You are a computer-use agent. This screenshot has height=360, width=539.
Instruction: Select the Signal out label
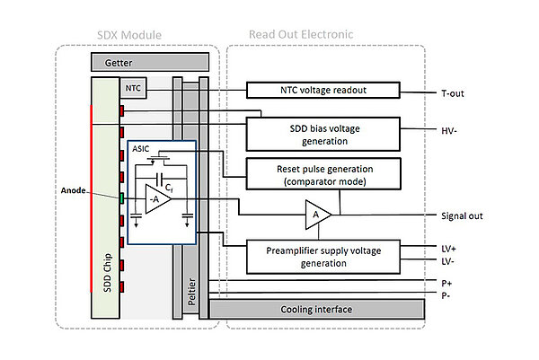(462, 215)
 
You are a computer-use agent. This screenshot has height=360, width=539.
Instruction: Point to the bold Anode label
(74, 190)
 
